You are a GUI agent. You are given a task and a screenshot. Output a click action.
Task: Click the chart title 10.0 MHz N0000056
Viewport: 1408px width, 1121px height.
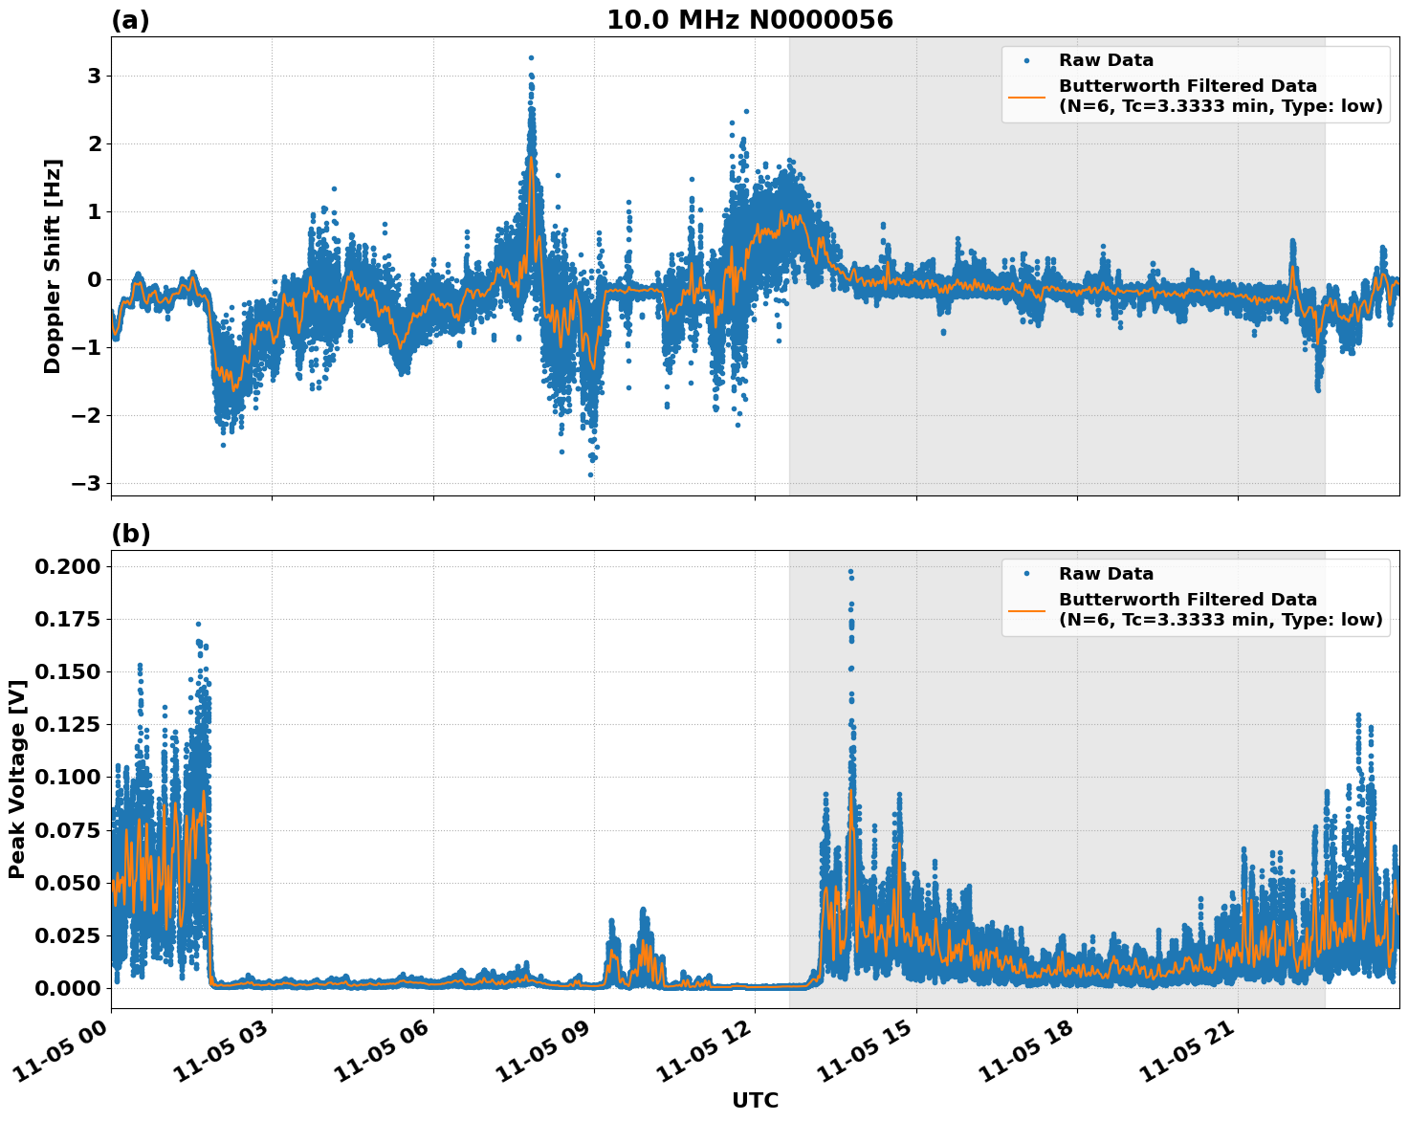[x=749, y=20]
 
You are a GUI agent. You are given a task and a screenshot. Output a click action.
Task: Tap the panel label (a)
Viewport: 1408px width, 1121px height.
[x=130, y=20]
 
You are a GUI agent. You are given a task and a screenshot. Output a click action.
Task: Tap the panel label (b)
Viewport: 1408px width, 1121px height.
[x=130, y=534]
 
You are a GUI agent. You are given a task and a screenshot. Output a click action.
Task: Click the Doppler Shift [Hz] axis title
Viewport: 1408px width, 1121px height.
[x=53, y=266]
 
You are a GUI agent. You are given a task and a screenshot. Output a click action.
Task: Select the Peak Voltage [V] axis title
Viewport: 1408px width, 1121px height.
[x=16, y=779]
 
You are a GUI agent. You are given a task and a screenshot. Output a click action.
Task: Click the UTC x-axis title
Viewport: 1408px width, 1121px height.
[x=755, y=1100]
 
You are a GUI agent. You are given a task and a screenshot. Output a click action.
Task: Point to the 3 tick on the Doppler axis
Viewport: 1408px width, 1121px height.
[x=94, y=76]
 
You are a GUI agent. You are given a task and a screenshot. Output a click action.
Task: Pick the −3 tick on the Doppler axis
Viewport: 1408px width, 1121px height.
[x=86, y=483]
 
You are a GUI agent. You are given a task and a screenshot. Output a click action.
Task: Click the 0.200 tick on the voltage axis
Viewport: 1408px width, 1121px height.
[x=67, y=567]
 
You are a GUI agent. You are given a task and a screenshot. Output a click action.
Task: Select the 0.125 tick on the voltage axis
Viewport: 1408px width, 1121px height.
[x=67, y=725]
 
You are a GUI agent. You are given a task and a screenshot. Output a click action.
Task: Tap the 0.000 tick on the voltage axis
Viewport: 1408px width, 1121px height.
[x=67, y=988]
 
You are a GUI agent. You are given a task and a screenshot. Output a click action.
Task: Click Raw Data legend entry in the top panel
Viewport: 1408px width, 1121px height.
[x=1106, y=60]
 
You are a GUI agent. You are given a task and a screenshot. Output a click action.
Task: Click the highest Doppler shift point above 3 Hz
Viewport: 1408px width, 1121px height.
[x=531, y=57]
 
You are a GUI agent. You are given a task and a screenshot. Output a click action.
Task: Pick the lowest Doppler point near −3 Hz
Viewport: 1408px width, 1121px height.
[x=590, y=474]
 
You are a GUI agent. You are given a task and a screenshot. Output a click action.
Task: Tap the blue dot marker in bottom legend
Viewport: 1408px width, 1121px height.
[x=1026, y=574]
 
